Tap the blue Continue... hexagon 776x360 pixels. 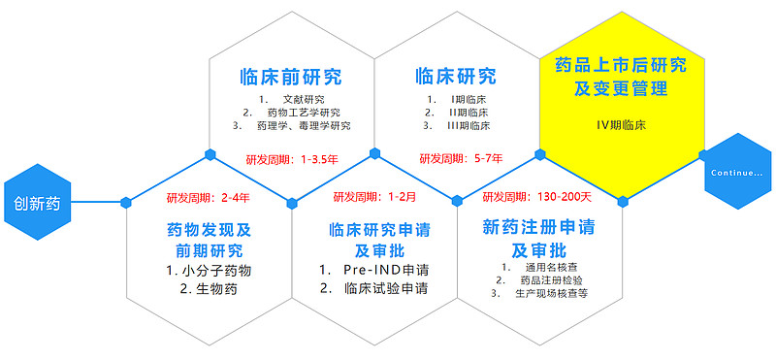[x=737, y=173]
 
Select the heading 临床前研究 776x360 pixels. [x=291, y=77]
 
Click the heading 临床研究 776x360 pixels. [x=455, y=77]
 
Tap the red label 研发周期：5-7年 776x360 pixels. [x=461, y=158]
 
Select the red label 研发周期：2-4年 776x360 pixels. [x=208, y=198]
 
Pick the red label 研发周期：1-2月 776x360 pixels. [x=374, y=198]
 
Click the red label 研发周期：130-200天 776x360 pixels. [x=536, y=198]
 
